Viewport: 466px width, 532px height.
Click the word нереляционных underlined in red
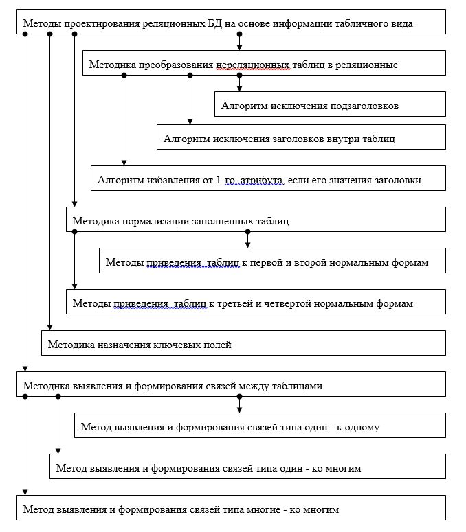253,65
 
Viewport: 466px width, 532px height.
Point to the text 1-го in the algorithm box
225,180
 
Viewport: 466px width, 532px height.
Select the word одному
362,428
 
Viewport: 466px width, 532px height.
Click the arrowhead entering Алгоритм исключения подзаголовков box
239,89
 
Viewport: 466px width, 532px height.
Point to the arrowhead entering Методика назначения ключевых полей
50,327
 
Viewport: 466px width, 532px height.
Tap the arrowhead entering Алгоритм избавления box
124,163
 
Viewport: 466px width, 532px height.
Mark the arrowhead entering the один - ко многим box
58,451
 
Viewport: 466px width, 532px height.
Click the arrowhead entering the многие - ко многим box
25,492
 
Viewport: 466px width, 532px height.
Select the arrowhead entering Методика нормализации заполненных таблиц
75,205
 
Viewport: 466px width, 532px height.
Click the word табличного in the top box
362,24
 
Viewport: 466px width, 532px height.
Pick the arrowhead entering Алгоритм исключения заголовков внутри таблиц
190,122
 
